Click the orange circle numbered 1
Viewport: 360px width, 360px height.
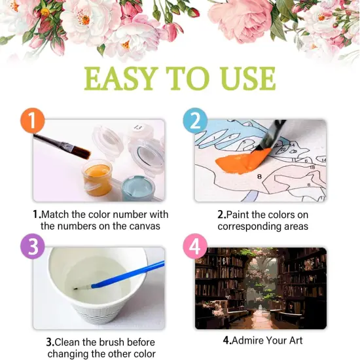click(32, 120)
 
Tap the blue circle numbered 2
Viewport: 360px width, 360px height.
click(195, 120)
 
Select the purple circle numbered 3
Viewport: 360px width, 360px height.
click(32, 246)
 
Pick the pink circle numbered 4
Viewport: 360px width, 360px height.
click(195, 246)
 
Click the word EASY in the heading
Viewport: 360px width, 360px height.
click(120, 79)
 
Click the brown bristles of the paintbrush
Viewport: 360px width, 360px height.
click(82, 152)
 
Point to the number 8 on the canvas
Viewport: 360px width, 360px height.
click(259, 177)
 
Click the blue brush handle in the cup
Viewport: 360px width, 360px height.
click(128, 275)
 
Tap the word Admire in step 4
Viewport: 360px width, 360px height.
click(247, 340)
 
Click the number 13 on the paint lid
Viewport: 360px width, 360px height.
click(138, 128)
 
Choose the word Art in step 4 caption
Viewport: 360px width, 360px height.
click(296, 340)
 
